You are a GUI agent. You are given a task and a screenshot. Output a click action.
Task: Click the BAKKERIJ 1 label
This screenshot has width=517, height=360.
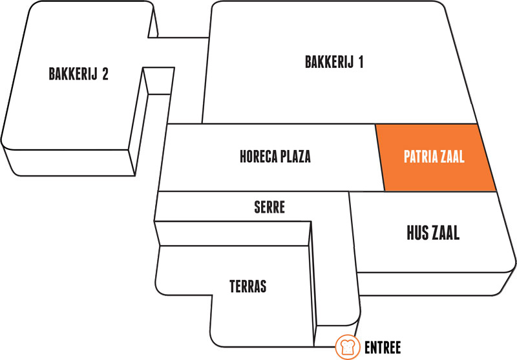pos(334,62)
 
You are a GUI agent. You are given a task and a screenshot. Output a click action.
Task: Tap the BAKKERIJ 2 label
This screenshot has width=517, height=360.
pos(78,74)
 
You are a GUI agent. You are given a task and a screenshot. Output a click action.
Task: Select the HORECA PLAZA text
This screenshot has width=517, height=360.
pos(275,156)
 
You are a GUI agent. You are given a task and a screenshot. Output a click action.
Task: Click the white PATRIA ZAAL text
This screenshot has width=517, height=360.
pos(434,156)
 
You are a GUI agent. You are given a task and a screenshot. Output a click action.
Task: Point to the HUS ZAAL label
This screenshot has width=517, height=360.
pos(433,233)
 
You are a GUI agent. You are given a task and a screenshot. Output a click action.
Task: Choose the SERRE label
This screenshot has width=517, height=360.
pos(269,207)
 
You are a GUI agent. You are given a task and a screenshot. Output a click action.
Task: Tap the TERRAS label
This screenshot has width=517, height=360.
pos(248,286)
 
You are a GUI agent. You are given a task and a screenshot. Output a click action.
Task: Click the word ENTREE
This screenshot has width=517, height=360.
pos(383,348)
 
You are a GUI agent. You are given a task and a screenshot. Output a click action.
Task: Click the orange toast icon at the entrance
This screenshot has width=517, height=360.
pos(348,347)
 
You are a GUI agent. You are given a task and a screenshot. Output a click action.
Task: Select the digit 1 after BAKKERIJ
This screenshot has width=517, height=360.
pos(361,62)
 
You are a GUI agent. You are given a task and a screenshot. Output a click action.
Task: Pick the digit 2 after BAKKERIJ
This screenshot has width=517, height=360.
pos(105,74)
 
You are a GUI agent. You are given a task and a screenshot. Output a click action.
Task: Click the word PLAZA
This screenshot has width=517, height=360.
pos(296,156)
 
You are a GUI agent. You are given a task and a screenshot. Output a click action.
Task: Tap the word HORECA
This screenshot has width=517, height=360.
pos(258,156)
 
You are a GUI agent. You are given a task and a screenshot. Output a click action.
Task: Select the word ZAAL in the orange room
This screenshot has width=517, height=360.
pos(452,156)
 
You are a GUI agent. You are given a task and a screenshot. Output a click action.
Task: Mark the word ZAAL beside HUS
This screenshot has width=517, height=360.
pos(445,233)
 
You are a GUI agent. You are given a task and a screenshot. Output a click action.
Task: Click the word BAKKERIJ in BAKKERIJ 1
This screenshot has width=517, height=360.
pos(330,62)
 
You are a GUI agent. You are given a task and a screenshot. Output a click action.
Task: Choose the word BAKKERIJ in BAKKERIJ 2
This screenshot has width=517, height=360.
pos(74,74)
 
